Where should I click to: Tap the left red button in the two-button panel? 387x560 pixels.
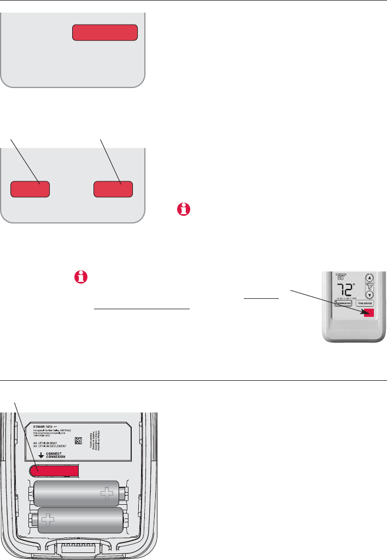pos(31,189)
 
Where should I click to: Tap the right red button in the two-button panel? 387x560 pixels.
pos(113,189)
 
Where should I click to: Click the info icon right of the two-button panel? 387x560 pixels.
pos(181,210)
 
